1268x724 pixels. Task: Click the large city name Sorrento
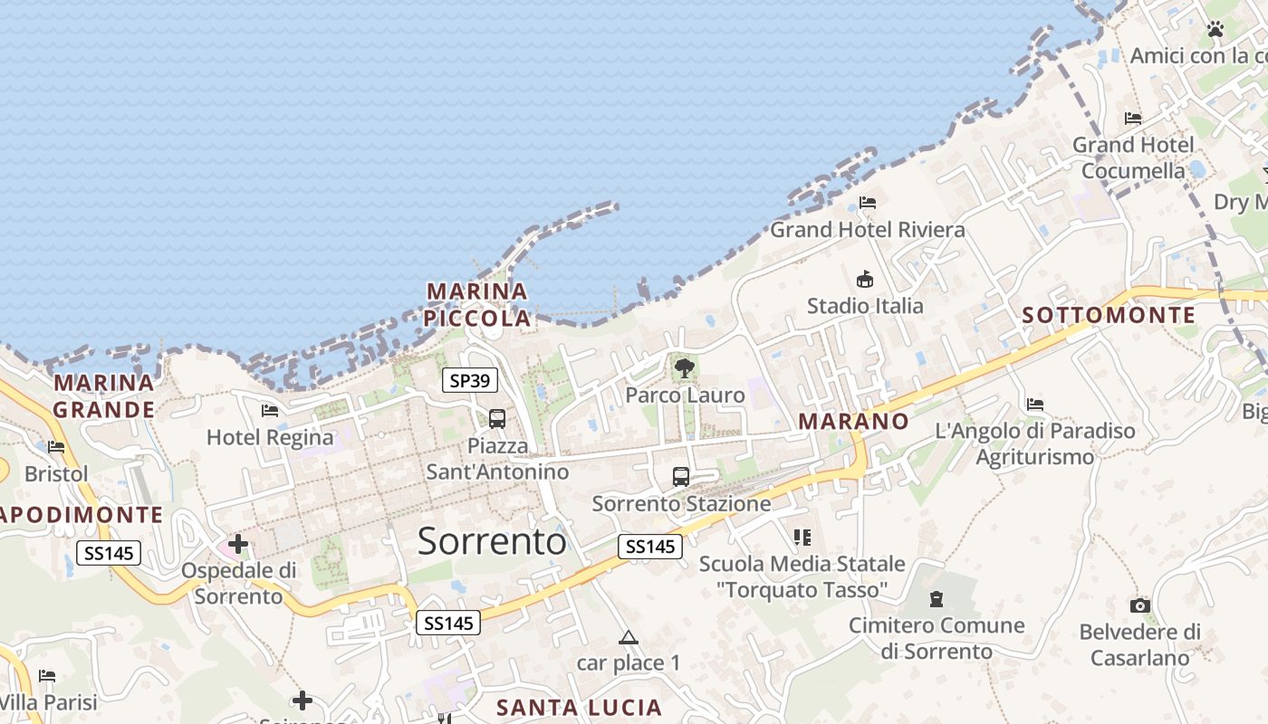click(492, 541)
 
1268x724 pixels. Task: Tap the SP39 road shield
click(470, 381)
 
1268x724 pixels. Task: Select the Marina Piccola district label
click(477, 305)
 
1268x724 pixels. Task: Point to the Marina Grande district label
click(103, 396)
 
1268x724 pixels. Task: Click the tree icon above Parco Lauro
click(685, 367)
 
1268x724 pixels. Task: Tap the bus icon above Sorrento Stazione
click(681, 476)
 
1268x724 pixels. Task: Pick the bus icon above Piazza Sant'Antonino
click(497, 419)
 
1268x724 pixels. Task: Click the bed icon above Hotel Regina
click(270, 411)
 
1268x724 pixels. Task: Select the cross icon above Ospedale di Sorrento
click(238, 544)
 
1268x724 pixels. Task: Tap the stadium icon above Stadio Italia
click(865, 279)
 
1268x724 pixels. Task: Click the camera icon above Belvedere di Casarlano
click(1139, 605)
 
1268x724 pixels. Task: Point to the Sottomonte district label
click(1109, 315)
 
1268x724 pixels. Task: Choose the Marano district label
click(853, 422)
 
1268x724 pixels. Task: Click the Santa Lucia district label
click(580, 708)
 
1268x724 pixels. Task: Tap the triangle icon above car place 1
click(629, 638)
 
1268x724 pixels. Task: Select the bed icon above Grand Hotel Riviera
click(868, 203)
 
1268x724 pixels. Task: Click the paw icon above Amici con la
click(1215, 30)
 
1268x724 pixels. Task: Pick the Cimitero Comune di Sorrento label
click(937, 638)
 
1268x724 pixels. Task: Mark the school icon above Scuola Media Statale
click(802, 538)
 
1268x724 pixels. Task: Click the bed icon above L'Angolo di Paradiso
click(1035, 405)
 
